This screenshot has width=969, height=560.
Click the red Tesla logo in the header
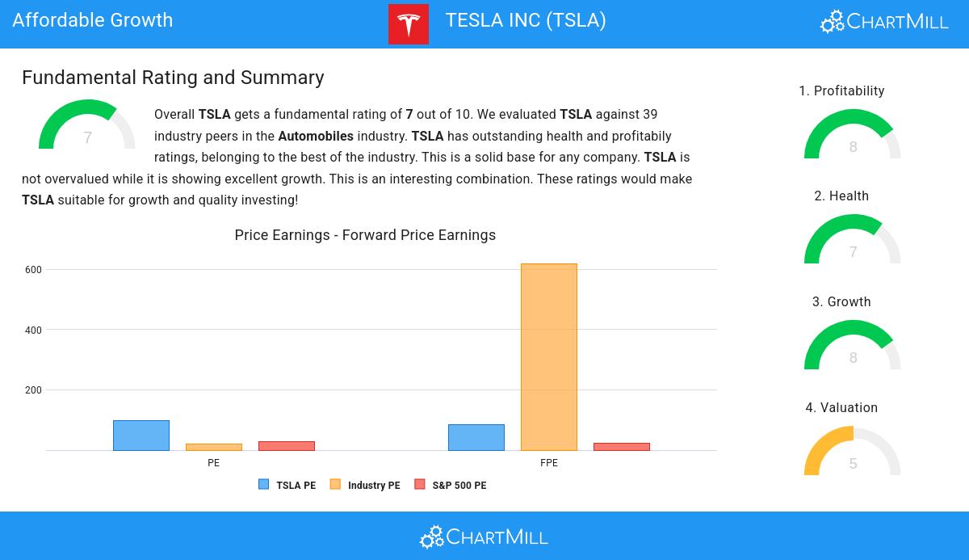(409, 24)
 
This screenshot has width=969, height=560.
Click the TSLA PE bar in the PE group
(141, 436)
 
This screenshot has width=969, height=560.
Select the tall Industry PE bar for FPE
(549, 357)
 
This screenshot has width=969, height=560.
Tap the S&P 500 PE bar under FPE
(622, 447)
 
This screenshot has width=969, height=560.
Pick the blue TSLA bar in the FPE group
(476, 438)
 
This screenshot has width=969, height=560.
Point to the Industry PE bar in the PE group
(214, 447)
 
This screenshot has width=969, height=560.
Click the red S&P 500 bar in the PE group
(287, 446)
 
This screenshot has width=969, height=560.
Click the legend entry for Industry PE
(365, 486)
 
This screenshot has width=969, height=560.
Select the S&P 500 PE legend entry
(451, 486)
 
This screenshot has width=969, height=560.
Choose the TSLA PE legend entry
(287, 486)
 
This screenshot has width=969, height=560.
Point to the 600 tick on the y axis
(33, 270)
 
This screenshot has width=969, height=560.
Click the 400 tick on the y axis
(33, 330)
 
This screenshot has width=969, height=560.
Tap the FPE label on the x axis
(549, 463)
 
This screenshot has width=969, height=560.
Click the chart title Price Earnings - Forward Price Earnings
(365, 235)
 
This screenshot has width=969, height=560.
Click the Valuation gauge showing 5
(853, 453)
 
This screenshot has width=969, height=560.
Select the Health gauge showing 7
(853, 241)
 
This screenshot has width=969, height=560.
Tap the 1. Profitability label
(841, 91)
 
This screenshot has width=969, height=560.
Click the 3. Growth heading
(841, 302)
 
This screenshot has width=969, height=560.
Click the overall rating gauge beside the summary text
(87, 127)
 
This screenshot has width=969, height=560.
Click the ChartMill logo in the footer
(484, 537)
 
